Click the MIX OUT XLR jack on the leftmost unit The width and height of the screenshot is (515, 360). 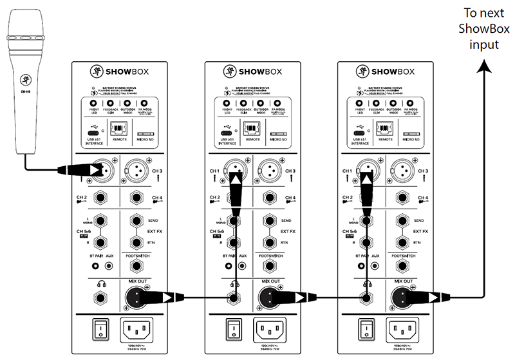click(x=136, y=297)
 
